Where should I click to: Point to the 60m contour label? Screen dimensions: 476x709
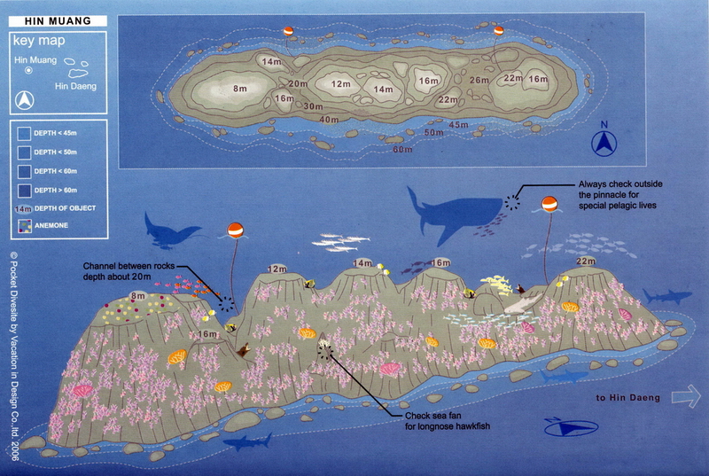403,149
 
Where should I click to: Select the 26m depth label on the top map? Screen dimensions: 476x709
479,82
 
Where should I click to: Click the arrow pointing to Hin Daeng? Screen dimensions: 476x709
685,398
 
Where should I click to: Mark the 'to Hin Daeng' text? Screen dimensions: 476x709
628,398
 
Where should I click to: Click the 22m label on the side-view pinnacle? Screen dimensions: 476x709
585,261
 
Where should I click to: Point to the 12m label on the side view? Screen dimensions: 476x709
277,269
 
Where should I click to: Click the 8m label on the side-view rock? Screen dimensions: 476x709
137,295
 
